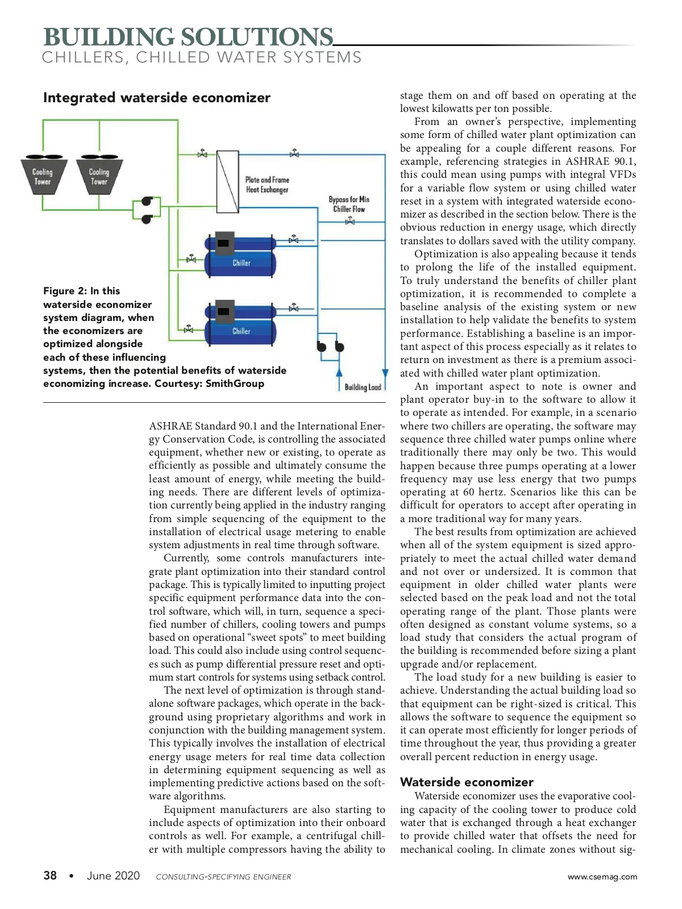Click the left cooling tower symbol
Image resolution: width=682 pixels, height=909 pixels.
pos(43,176)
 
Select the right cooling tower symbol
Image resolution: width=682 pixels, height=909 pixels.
pos(99,176)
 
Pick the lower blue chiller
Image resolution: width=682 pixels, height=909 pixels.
pos(240,326)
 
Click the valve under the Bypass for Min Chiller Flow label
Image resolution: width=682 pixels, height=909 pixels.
pos(350,221)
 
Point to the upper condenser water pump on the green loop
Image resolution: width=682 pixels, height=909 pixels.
pos(147,201)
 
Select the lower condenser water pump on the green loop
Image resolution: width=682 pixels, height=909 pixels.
pos(147,218)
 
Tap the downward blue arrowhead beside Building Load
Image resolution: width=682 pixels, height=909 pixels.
pos(385,373)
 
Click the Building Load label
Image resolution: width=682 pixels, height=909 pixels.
pos(362,387)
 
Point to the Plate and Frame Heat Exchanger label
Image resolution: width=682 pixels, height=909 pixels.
pos(267,185)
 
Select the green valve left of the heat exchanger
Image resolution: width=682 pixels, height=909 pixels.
pos(202,154)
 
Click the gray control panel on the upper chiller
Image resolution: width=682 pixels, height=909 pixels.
pos(224,243)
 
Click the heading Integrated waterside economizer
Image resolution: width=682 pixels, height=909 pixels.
pos(157,98)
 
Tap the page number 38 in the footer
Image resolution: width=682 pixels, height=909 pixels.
pos(50,875)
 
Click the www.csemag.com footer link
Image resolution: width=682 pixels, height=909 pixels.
pos(602,877)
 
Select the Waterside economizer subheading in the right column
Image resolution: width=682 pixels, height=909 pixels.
pos(467,782)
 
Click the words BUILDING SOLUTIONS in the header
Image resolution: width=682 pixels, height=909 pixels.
pos(188,37)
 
